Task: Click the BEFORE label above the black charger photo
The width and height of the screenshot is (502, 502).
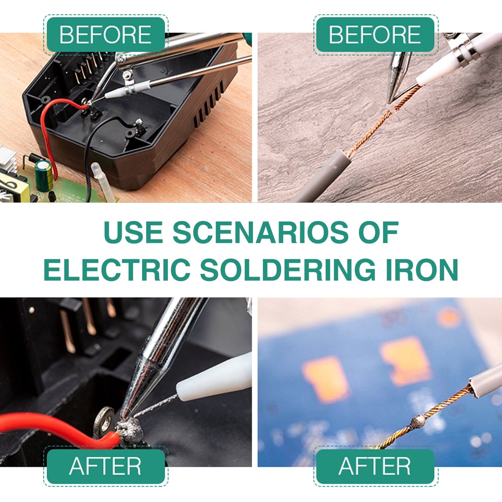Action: pyautogui.click(x=105, y=34)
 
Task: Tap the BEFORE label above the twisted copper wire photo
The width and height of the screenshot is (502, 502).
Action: pyautogui.click(x=375, y=34)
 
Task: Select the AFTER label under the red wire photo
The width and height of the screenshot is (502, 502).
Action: pyautogui.click(x=105, y=466)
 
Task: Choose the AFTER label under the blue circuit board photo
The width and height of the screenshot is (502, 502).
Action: pyautogui.click(x=375, y=466)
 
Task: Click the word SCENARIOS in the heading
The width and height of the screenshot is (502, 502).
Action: pyautogui.click(x=261, y=232)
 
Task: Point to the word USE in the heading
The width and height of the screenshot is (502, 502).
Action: pyautogui.click(x=133, y=232)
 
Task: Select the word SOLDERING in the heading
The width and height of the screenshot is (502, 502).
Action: pyautogui.click(x=288, y=270)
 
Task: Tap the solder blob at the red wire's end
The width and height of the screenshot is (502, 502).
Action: pyautogui.click(x=131, y=431)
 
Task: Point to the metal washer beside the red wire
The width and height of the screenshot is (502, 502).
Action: pyautogui.click(x=104, y=421)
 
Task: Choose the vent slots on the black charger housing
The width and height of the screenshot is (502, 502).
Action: pyautogui.click(x=208, y=104)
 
